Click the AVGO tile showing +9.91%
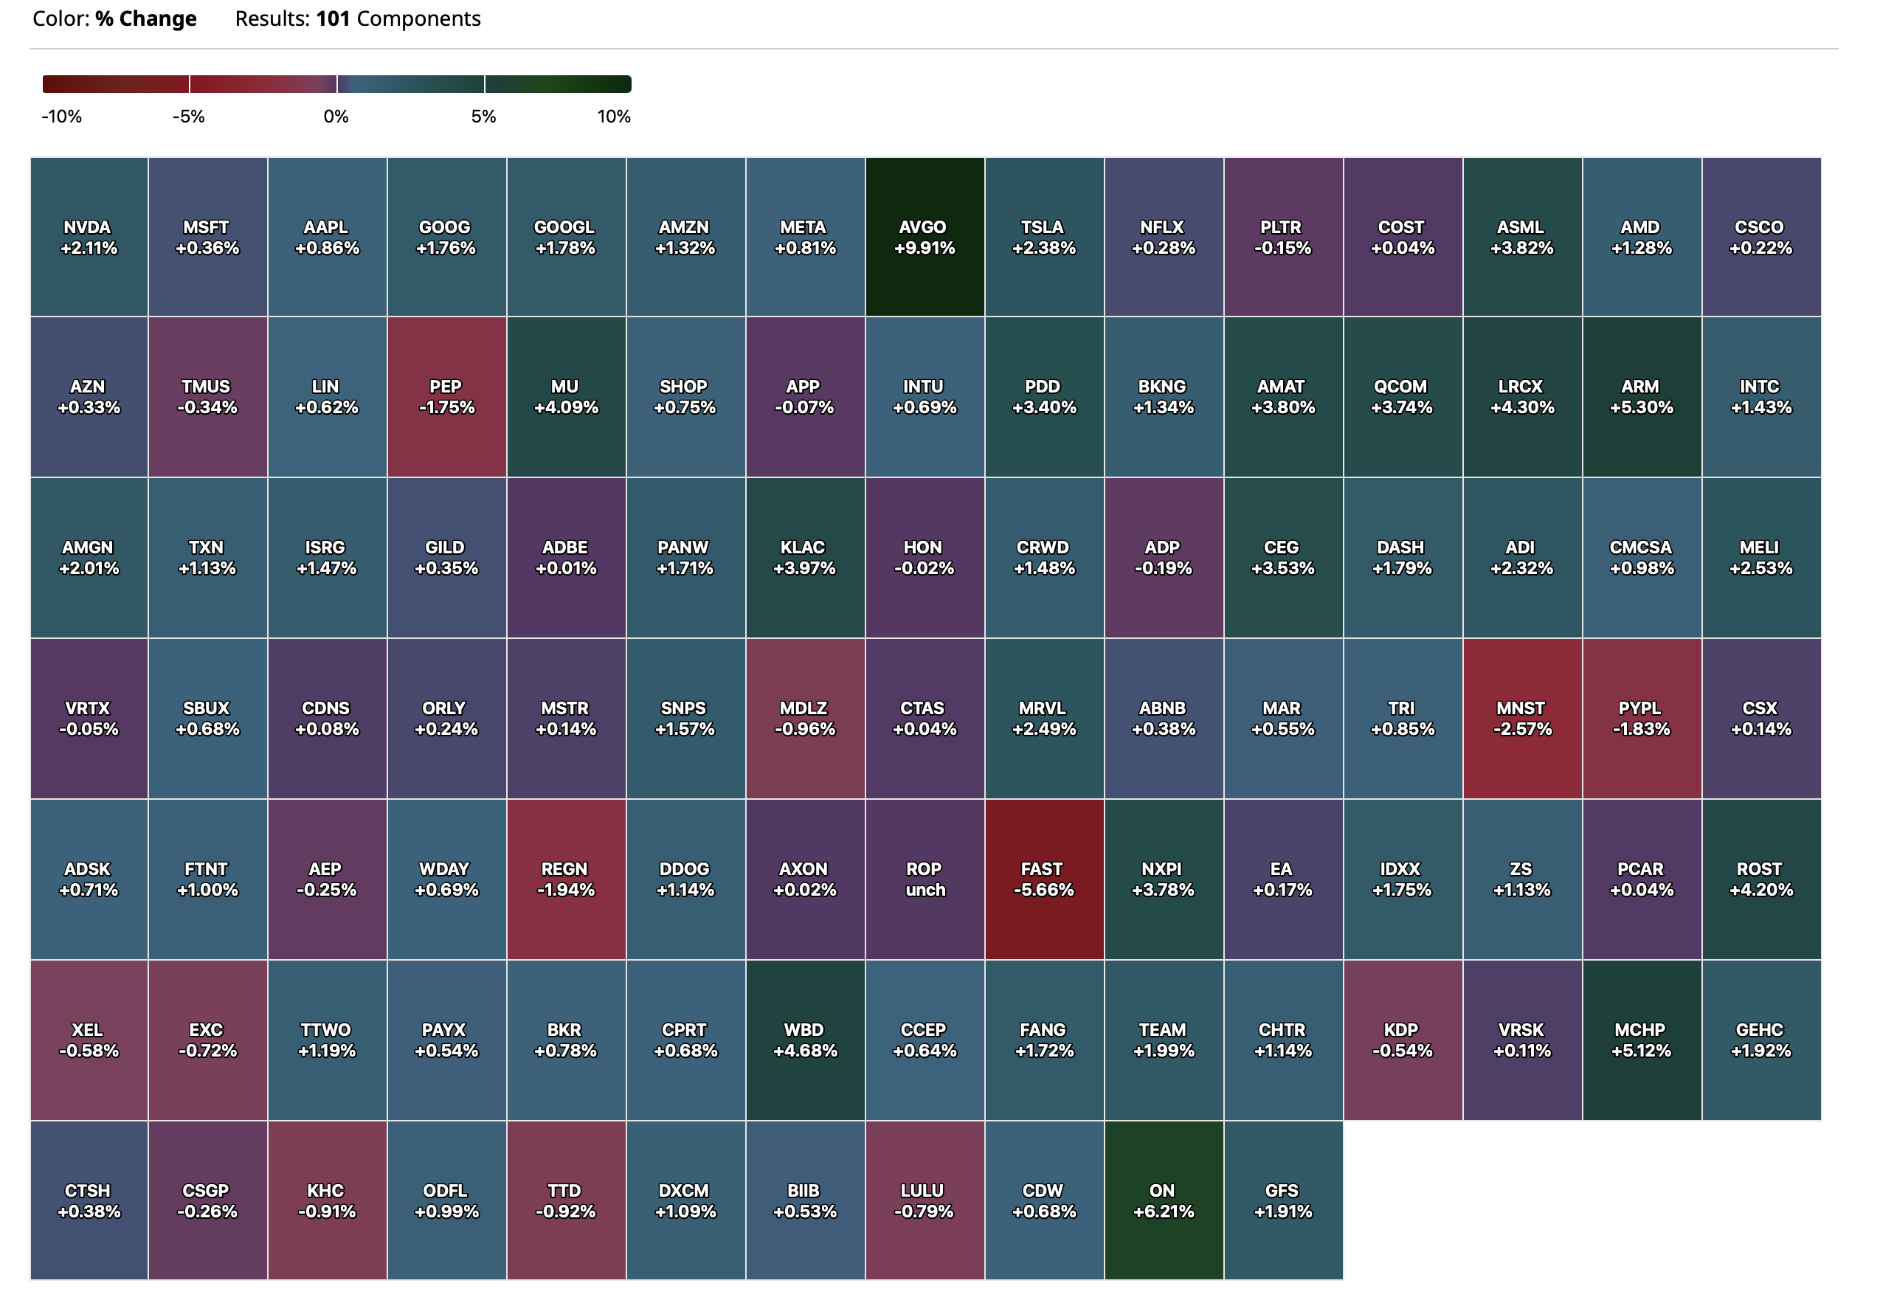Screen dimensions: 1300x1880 click(x=925, y=237)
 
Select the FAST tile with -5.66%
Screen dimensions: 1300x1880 click(x=1043, y=879)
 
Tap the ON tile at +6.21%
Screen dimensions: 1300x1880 click(x=1163, y=1200)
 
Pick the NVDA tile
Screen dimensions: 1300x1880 click(x=89, y=237)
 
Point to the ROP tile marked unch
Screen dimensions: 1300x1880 click(x=925, y=879)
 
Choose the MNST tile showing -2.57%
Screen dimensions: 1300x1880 click(x=1521, y=719)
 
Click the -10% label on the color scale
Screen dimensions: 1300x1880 click(x=62, y=117)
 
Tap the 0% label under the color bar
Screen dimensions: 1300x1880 click(x=336, y=117)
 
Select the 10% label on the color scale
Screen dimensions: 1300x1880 click(x=613, y=117)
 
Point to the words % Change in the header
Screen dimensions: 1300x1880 click(x=146, y=18)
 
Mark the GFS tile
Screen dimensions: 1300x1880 click(x=1283, y=1200)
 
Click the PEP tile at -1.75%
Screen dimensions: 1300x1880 click(x=446, y=397)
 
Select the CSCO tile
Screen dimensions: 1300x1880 click(x=1760, y=237)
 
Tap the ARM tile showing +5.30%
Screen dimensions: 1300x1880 click(x=1642, y=397)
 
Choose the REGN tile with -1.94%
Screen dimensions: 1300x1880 click(x=566, y=879)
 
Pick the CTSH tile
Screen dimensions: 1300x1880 click(x=89, y=1200)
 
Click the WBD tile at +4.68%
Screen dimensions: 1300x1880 click(x=805, y=1040)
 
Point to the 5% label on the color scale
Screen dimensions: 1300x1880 click(x=483, y=117)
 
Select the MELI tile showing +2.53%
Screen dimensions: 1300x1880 click(x=1760, y=557)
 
